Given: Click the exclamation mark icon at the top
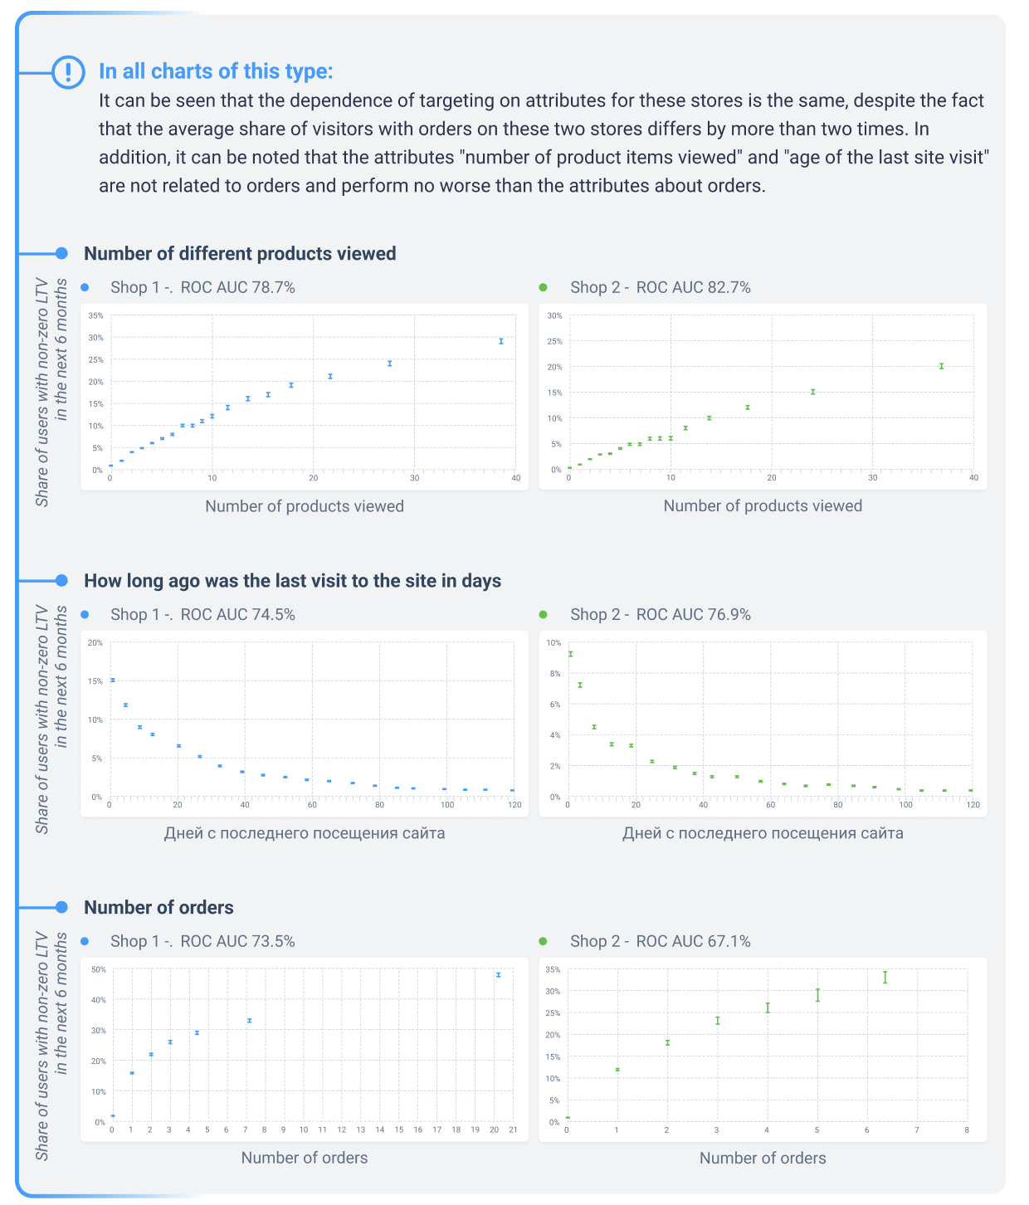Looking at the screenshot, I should [x=68, y=72].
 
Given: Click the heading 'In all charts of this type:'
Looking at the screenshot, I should [x=215, y=71].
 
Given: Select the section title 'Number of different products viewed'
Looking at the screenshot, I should [x=240, y=254].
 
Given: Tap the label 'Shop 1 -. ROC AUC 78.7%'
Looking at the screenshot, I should [x=202, y=288].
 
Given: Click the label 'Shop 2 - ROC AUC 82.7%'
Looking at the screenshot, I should [x=660, y=288].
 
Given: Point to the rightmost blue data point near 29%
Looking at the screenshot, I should [x=501, y=341].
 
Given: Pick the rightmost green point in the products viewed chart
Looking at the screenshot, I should [x=941, y=366].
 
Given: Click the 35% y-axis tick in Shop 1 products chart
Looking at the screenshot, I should [x=95, y=316].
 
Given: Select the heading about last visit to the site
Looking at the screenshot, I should [x=292, y=581].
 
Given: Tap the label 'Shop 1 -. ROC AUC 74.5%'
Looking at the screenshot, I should [x=202, y=615].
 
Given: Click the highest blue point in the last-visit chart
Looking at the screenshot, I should [x=113, y=680].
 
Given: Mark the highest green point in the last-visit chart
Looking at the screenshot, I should [x=570, y=654].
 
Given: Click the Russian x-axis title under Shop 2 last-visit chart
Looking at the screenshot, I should [x=763, y=833].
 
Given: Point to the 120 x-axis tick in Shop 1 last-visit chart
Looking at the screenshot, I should [x=514, y=805].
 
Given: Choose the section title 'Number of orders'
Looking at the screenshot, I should [x=158, y=908].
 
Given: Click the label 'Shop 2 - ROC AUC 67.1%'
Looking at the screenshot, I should [x=660, y=942].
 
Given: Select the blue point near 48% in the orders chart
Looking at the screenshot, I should [x=498, y=975].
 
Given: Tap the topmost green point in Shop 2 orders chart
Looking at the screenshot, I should [x=885, y=978].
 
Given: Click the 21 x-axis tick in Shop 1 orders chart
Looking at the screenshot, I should [x=513, y=1130].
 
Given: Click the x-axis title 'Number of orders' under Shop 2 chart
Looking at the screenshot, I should [x=763, y=1159].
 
